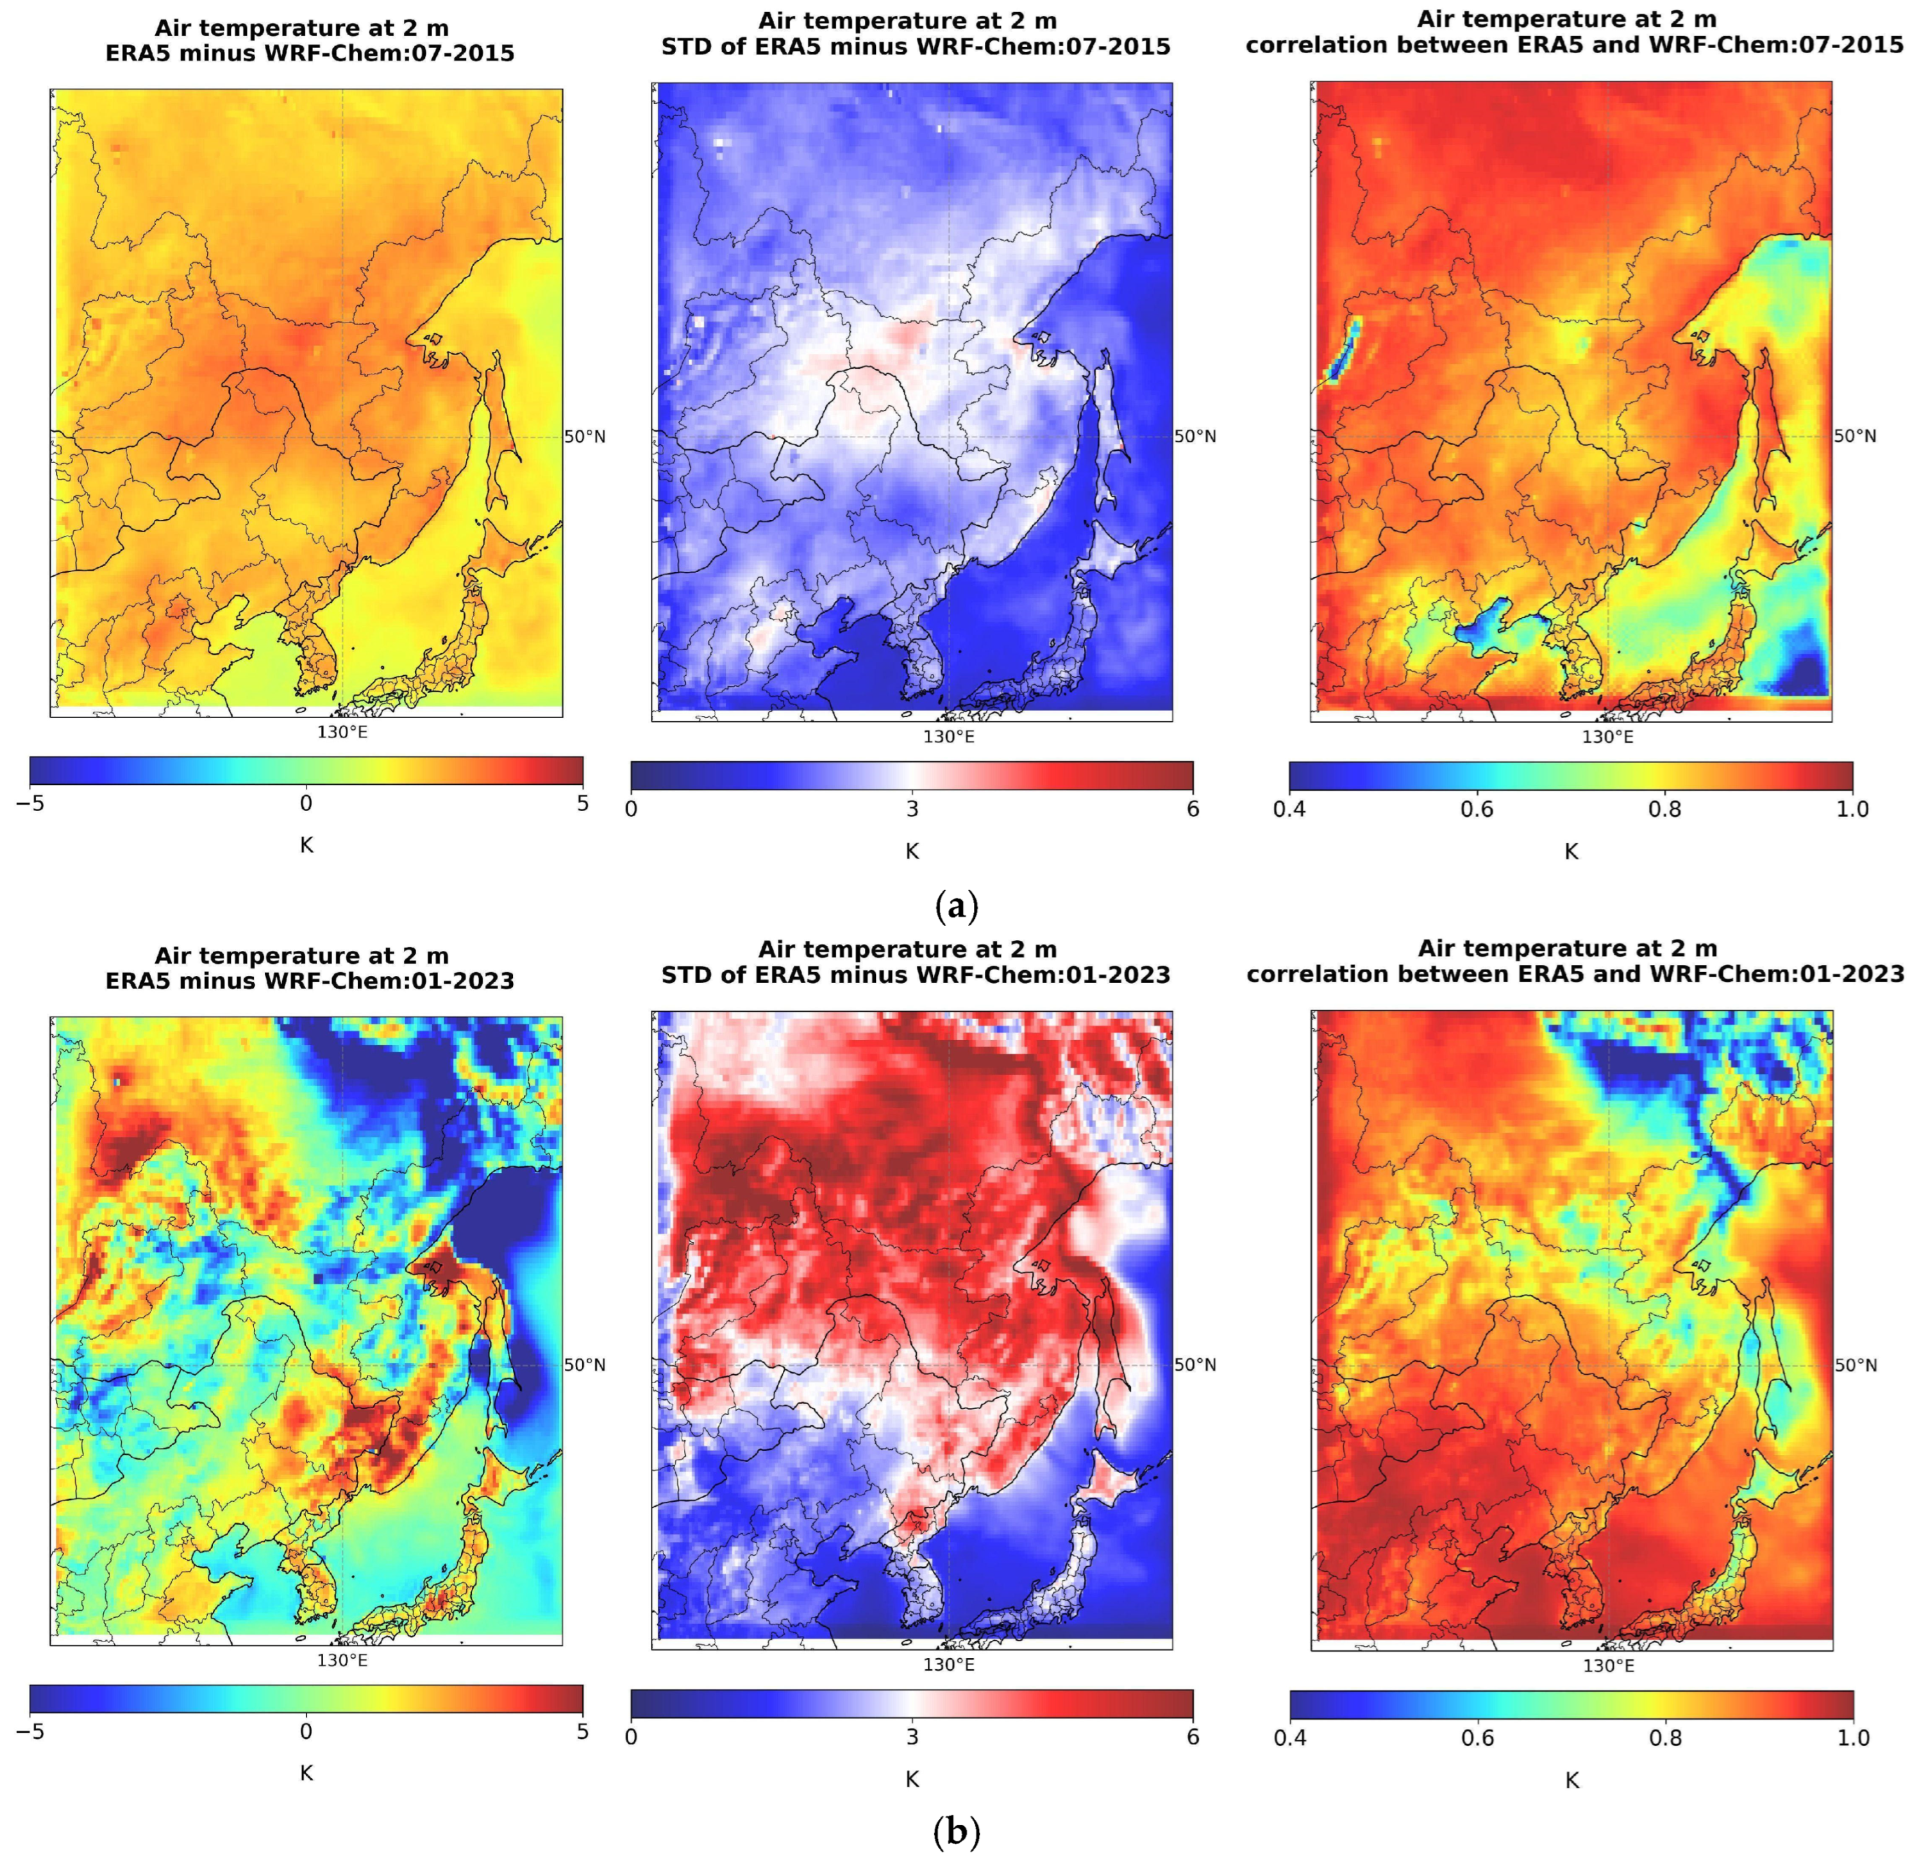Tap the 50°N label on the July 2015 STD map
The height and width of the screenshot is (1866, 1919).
point(1194,436)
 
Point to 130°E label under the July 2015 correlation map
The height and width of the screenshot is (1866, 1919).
point(1607,736)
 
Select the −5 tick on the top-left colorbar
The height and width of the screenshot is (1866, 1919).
point(29,803)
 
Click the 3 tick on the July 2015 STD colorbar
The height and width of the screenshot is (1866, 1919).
point(912,809)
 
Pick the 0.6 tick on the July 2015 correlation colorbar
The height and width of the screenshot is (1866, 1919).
point(1477,809)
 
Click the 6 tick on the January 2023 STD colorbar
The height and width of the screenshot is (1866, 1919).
point(1193,1736)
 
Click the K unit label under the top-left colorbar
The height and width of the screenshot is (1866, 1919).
point(306,845)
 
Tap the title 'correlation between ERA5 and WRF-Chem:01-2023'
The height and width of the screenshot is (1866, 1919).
point(1575,974)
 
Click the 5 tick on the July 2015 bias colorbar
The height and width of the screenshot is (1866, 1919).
point(582,803)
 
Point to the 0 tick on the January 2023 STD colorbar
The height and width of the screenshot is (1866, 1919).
point(631,1736)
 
